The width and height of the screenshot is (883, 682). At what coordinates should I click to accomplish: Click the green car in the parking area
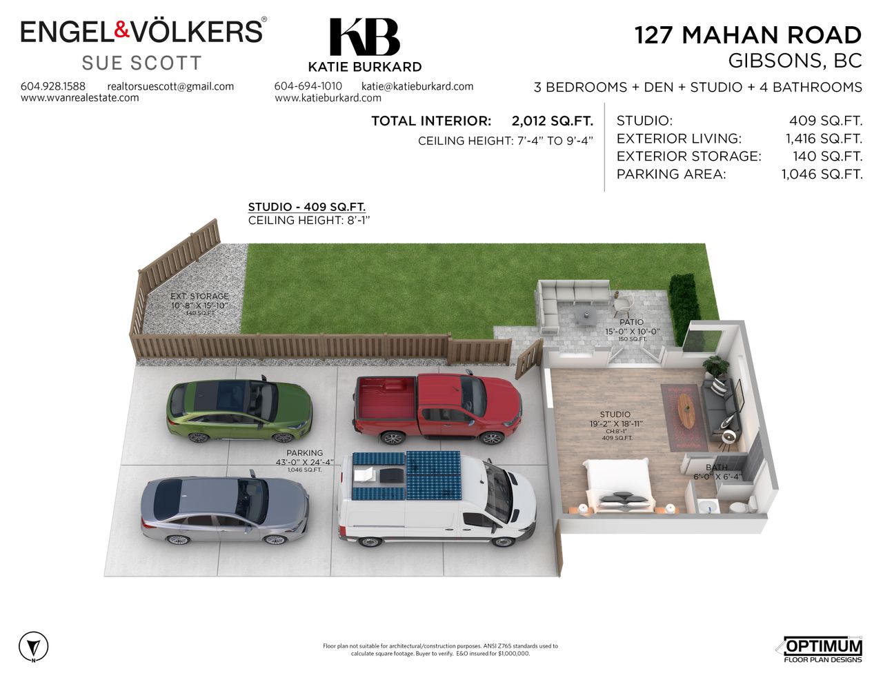pos(239,411)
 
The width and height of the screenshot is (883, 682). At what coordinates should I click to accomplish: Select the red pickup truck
pos(437,410)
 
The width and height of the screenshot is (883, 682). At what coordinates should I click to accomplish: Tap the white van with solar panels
pos(437,498)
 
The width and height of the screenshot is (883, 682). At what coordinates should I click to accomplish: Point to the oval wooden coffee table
pos(687,410)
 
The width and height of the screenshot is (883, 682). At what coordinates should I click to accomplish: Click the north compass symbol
pos(33,647)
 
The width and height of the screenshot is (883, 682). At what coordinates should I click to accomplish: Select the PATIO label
pos(631,322)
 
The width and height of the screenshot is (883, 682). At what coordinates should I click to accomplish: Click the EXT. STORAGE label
pos(199,297)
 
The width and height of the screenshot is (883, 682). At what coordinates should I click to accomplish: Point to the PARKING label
pos(304,453)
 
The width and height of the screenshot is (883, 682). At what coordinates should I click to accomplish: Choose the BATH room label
pos(717,468)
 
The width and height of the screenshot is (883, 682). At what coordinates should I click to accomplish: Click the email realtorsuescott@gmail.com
pos(170,86)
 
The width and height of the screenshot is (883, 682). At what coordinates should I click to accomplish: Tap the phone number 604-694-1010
pos(308,86)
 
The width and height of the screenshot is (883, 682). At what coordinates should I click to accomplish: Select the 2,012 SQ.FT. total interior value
pos(552,121)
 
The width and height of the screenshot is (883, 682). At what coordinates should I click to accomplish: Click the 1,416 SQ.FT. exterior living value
pos(824,139)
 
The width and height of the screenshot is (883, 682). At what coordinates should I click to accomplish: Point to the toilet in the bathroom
pos(739,507)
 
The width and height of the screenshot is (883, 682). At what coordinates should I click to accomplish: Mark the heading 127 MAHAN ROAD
pos(748,34)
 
